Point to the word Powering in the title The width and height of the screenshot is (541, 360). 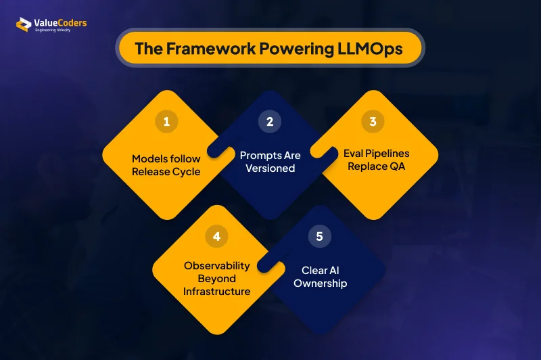point(287,49)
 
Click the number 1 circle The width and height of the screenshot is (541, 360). point(166,122)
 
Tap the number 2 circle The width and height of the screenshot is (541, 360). point(270,122)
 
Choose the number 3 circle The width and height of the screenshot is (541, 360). point(373,122)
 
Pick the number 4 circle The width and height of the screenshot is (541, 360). point(217,236)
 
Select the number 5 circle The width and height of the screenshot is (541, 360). point(319,236)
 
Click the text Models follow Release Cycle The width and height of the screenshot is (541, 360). point(166,165)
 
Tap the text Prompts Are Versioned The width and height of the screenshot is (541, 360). point(270,161)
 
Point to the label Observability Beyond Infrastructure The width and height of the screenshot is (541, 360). point(217,278)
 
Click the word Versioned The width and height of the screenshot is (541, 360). point(270,168)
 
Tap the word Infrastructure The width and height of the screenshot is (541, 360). point(217,292)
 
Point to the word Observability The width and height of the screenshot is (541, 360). point(217,265)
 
